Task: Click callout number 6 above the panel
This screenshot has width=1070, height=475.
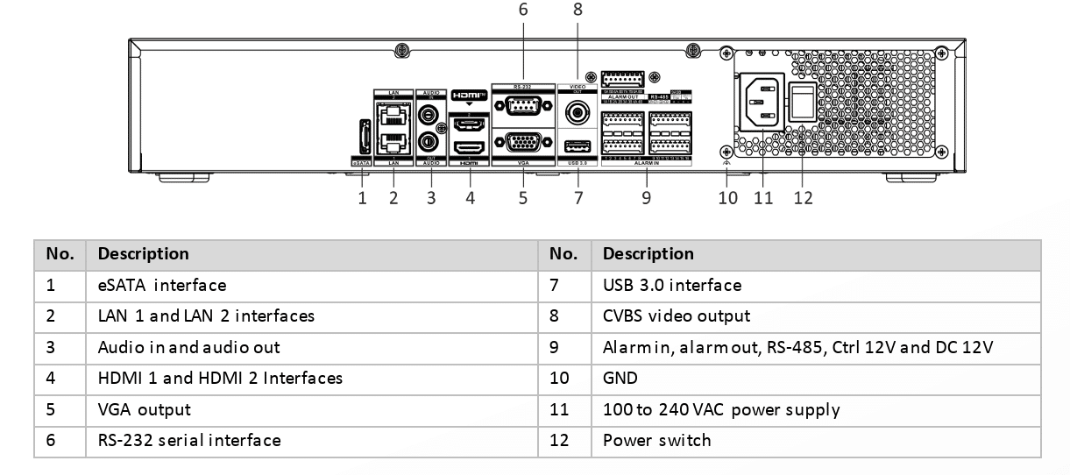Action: click(523, 10)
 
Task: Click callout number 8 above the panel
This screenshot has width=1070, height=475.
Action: click(577, 10)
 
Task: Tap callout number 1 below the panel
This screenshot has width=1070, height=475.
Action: click(362, 198)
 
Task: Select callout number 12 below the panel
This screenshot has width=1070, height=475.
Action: click(803, 198)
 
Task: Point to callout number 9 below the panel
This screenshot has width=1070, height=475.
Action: click(646, 198)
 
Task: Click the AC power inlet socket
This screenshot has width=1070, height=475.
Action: click(760, 103)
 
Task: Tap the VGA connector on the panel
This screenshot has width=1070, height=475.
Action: click(523, 144)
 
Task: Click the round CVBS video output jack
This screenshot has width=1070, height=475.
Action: click(578, 111)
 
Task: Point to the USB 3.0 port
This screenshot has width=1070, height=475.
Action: click(578, 145)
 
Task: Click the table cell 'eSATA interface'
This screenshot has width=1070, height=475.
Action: click(162, 285)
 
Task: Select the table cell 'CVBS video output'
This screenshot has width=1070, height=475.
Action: click(677, 315)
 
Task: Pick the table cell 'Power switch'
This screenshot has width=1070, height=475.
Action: click(657, 440)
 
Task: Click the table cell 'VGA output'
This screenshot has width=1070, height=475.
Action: click(144, 409)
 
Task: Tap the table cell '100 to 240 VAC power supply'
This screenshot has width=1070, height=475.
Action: click(721, 409)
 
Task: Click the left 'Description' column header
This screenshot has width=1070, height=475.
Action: click(143, 254)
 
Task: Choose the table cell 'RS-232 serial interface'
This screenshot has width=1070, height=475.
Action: click(189, 440)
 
